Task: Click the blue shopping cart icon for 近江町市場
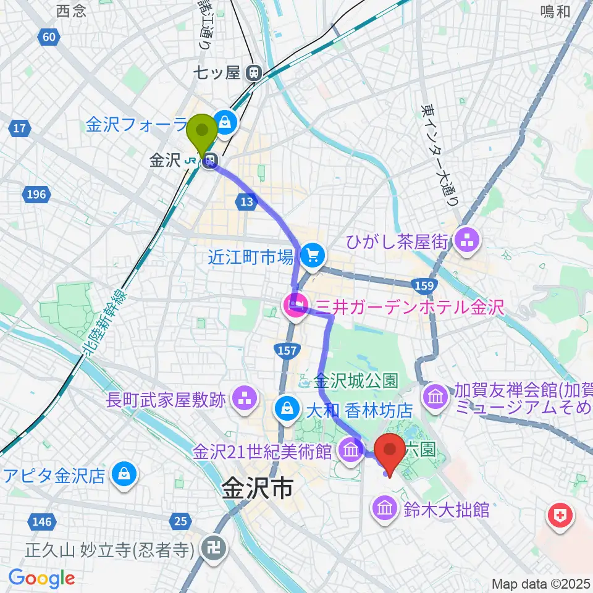(313, 254)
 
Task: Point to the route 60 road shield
(49, 38)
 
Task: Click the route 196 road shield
(36, 195)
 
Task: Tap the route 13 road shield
(245, 200)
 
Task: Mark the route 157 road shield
(287, 351)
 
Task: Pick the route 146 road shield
(41, 522)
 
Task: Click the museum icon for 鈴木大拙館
(384, 510)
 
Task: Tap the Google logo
(42, 578)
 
